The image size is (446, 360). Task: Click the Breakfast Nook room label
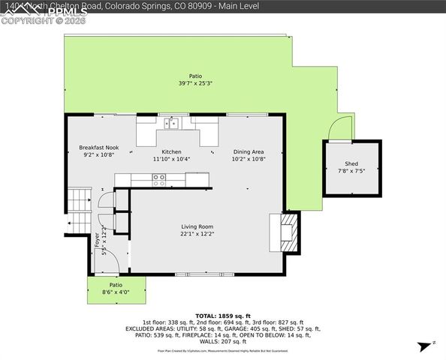tap(98, 148)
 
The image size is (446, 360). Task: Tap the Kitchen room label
tap(172, 151)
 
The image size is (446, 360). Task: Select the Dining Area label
tap(249, 151)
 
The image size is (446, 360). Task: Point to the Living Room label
tap(197, 226)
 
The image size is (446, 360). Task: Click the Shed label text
tap(351, 163)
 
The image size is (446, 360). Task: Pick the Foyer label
tap(97, 238)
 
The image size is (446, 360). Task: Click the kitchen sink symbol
tap(173, 122)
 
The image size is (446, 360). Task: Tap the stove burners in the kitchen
tap(159, 179)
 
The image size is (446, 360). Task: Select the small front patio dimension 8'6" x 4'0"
tap(116, 292)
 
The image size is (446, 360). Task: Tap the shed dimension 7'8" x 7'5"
tap(351, 171)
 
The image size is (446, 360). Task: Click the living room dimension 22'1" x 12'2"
tap(197, 234)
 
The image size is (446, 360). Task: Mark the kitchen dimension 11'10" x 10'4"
tap(172, 159)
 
